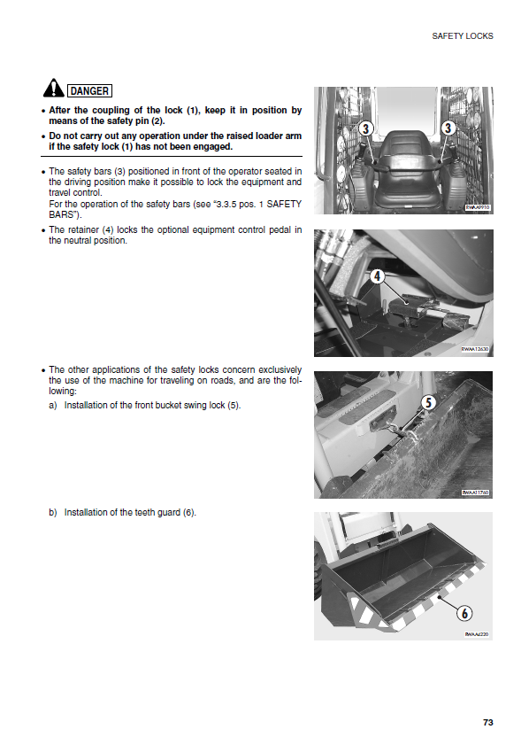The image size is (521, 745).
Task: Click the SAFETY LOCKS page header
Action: click(x=462, y=36)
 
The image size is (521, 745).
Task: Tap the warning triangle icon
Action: click(x=54, y=88)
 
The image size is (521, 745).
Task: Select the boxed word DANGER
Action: click(x=89, y=90)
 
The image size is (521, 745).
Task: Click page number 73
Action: click(x=487, y=722)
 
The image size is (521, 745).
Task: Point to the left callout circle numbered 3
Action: click(x=365, y=128)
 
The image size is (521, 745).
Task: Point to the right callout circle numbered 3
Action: click(x=448, y=128)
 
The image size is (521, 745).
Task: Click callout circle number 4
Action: click(x=377, y=275)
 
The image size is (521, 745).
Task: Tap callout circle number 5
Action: click(x=428, y=402)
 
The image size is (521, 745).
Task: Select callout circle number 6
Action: click(x=464, y=613)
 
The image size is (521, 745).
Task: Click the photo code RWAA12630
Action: click(x=475, y=349)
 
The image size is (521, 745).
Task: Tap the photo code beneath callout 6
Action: click(x=477, y=634)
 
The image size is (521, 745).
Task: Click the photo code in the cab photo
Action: click(x=478, y=207)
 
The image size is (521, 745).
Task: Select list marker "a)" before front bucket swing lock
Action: click(x=53, y=406)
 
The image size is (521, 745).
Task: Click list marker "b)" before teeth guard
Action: click(x=53, y=512)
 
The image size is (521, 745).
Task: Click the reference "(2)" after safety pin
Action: click(x=157, y=121)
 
